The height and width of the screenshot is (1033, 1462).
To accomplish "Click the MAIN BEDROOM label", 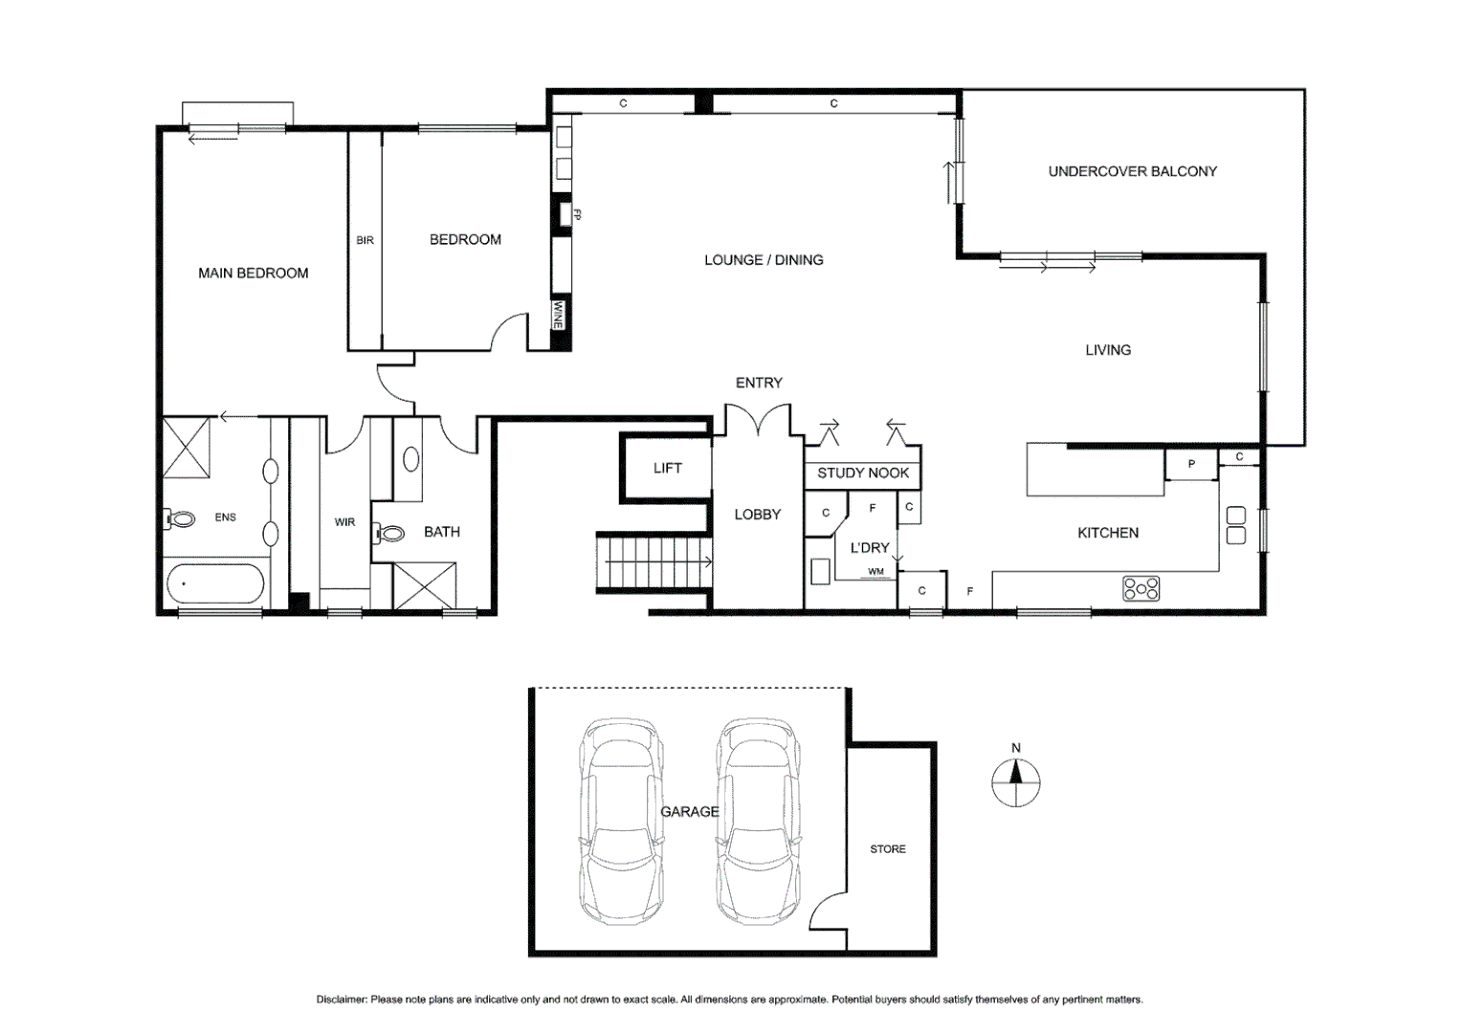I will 253,274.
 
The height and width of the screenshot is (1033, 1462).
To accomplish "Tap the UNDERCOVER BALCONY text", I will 1132,172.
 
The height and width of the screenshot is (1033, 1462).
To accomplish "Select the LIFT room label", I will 667,469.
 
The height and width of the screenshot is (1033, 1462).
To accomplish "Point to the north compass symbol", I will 1016,781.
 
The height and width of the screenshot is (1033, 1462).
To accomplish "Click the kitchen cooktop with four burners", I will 1141,588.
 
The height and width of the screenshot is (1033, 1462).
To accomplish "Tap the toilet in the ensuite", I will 180,519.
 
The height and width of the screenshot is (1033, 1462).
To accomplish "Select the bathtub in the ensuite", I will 215,583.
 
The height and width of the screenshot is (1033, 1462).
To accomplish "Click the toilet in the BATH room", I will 390,533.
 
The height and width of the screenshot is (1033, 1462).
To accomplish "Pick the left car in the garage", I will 621,821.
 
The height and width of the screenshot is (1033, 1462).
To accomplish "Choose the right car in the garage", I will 760,821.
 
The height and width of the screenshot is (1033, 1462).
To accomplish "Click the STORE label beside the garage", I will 887,849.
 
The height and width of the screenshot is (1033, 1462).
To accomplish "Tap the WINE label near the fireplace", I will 558,316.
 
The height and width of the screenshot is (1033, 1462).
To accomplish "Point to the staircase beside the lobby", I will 654,562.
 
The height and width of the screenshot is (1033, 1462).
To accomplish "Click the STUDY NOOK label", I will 862,473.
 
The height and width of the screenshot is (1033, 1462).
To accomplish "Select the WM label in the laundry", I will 875,572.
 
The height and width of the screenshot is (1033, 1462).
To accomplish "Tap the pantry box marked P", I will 1190,465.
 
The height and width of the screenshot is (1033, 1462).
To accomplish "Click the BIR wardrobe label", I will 365,241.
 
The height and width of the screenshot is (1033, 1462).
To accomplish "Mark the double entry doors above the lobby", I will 758,421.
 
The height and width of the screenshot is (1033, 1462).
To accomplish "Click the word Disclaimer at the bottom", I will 342,1000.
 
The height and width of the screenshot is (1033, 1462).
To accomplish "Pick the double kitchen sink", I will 1235,525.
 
